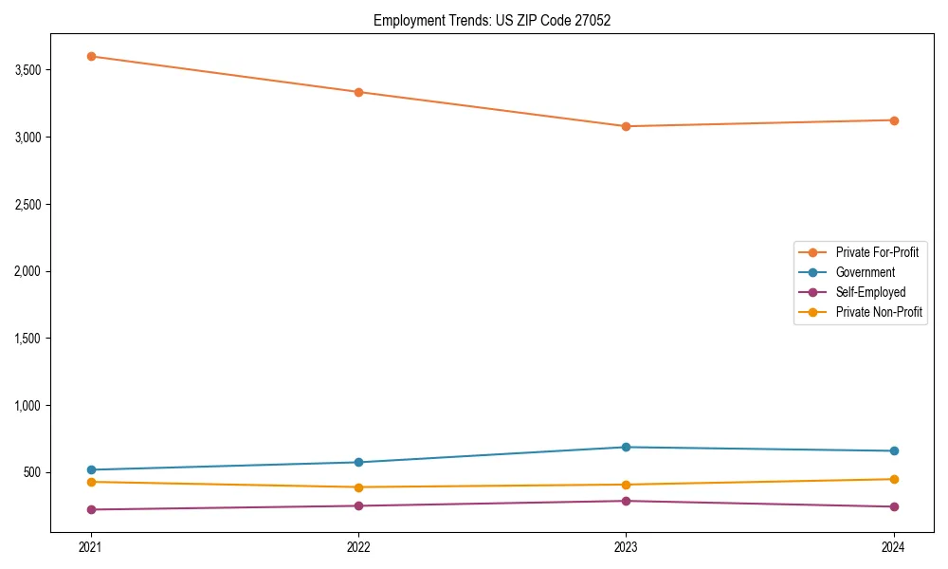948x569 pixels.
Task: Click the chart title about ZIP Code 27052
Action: [x=492, y=20]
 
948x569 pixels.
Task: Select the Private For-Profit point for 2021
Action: [x=91, y=56]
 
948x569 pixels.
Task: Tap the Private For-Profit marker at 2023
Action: [x=626, y=126]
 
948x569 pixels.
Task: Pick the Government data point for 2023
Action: [x=626, y=447]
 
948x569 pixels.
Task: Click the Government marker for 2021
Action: [x=91, y=469]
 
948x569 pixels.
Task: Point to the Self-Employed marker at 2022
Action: [x=358, y=505]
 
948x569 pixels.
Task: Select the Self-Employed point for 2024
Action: [x=893, y=506]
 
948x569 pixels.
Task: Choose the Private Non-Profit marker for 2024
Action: [x=893, y=479]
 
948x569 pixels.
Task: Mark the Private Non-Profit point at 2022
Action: [x=358, y=487]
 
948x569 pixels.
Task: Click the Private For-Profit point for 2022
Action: [x=358, y=92]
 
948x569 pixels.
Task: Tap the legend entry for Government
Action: [x=865, y=272]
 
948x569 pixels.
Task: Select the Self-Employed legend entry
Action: [x=870, y=292]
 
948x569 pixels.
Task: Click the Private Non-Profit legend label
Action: [x=879, y=312]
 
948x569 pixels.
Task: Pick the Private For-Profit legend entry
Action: [x=877, y=252]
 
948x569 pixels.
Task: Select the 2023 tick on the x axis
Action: [x=626, y=546]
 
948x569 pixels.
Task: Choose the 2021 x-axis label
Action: [x=91, y=546]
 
